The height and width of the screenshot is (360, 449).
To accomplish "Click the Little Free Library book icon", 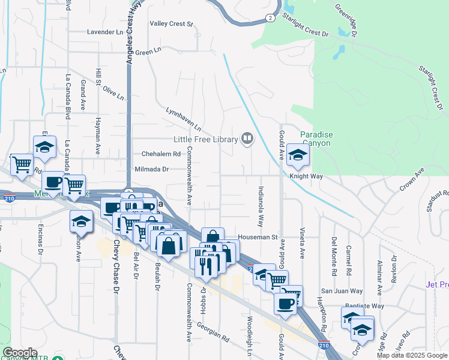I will point(247,139).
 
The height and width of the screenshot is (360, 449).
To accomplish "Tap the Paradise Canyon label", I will point(315,139).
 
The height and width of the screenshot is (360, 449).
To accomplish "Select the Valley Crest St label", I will point(171,24).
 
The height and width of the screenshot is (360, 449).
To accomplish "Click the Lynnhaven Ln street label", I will point(184,119).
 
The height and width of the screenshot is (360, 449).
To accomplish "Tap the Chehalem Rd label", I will point(161,154).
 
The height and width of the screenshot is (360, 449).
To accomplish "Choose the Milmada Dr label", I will point(152,170).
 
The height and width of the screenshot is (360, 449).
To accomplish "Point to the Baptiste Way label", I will point(365,305).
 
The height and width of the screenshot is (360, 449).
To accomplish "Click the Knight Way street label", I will point(306,176).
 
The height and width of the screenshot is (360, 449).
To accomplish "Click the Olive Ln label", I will point(113,93).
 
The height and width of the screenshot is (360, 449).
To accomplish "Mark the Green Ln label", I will point(145,53).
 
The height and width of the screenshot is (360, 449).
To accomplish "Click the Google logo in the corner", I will point(20,353).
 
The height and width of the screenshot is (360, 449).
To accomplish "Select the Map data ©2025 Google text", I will point(412,355).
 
